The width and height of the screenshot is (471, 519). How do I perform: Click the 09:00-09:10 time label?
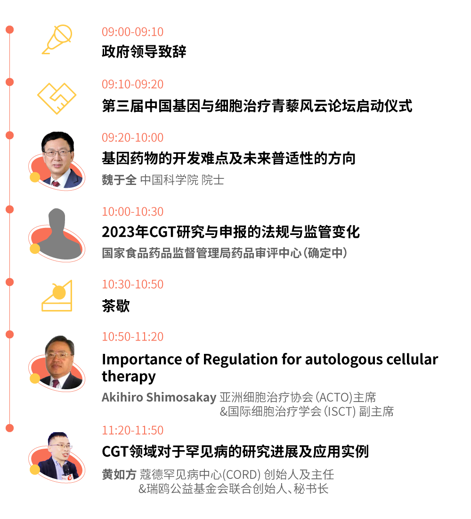click(x=133, y=32)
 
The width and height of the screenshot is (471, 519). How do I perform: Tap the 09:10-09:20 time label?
click(x=133, y=84)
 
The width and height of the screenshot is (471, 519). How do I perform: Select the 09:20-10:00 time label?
click(x=133, y=138)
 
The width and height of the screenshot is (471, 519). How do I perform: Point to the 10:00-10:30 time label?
click(x=133, y=211)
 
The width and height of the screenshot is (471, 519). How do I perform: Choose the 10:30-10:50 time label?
click(x=133, y=284)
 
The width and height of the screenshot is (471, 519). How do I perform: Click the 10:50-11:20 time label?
click(x=133, y=336)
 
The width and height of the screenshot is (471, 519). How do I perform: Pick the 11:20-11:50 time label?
click(x=133, y=430)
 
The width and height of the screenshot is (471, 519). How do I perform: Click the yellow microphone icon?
click(x=57, y=40)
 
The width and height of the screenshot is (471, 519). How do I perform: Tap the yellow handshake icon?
click(x=57, y=98)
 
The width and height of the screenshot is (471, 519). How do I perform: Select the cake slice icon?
click(x=57, y=296)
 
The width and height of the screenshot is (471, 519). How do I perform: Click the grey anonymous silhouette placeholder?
click(x=57, y=234)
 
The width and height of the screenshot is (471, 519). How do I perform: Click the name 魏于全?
click(x=119, y=180)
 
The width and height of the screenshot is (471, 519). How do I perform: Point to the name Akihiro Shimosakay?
click(x=159, y=397)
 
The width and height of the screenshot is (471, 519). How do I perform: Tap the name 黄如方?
click(x=119, y=474)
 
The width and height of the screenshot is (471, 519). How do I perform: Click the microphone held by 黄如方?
click(x=67, y=469)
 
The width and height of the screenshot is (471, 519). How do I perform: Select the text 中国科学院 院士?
click(x=182, y=180)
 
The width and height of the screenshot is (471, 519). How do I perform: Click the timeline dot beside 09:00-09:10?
click(x=9, y=30)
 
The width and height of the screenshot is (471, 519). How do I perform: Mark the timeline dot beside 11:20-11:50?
click(x=9, y=428)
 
